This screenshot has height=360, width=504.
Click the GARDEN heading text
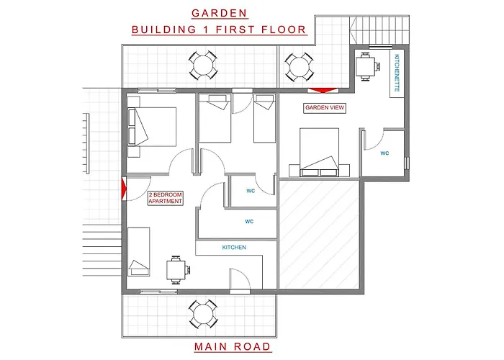pyautogui.click(x=219, y=13)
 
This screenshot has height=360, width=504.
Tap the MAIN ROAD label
pyautogui.click(x=233, y=346)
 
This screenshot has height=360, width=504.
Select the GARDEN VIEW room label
pyautogui.click(x=325, y=108)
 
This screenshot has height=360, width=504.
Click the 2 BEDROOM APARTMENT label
pyautogui.click(x=165, y=198)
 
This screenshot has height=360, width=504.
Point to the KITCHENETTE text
pyautogui.click(x=397, y=73)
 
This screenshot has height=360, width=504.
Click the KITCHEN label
pyautogui.click(x=234, y=247)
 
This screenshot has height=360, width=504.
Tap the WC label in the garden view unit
pyautogui.click(x=384, y=153)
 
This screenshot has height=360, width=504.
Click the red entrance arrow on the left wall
pyautogui.click(x=124, y=189)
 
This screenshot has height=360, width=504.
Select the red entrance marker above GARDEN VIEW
pyautogui.click(x=323, y=90)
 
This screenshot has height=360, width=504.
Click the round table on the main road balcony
pyautogui.click(x=203, y=314)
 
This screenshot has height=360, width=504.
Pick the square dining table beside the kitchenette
pyautogui.click(x=366, y=66)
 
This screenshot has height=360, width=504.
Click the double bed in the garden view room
pyautogui.click(x=319, y=152)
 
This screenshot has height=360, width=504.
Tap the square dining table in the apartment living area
pyautogui.click(x=176, y=270)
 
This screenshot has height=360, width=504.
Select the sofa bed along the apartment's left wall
pyautogui.click(x=139, y=252)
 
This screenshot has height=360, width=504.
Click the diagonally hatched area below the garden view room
pyautogui.click(x=319, y=235)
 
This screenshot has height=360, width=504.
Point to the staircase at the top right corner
pyautogui.click(x=379, y=30)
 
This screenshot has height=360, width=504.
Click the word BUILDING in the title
pyautogui.click(x=164, y=30)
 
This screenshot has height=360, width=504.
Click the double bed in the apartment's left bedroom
pyautogui.click(x=152, y=127)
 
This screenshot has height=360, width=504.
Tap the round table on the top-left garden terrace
pyautogui.click(x=203, y=66)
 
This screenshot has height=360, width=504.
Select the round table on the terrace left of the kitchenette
pyautogui.click(x=300, y=67)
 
